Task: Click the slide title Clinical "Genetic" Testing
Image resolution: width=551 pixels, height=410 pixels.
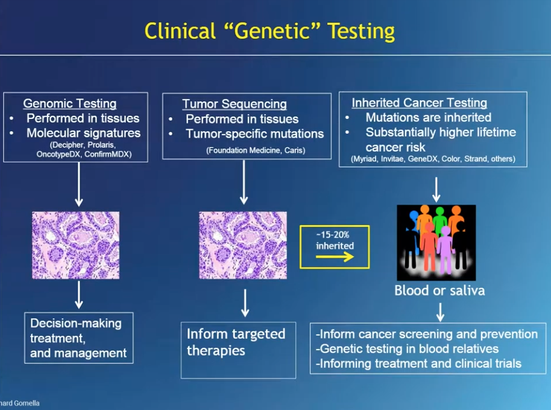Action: click(269, 31)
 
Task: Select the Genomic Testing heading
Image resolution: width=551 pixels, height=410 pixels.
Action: click(69, 104)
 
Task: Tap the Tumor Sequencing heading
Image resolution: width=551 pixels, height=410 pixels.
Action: click(235, 104)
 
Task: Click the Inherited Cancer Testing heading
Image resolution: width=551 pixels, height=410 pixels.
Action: click(419, 103)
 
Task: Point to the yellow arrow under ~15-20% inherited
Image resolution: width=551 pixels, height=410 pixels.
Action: click(335, 257)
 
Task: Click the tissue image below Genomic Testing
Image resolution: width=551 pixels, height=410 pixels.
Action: click(75, 245)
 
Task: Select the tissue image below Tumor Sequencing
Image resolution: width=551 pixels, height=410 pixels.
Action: click(244, 245)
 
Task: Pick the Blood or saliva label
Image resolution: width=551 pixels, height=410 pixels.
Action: click(439, 290)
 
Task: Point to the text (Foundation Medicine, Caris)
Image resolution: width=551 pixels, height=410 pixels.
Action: click(256, 150)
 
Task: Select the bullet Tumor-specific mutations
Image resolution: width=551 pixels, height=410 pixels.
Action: click(254, 134)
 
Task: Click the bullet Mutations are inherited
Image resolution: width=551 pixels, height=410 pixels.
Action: click(428, 118)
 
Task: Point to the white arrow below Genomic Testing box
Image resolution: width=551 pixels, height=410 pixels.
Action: click(78, 184)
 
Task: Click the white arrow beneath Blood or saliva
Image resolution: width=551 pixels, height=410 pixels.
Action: click(441, 312)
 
